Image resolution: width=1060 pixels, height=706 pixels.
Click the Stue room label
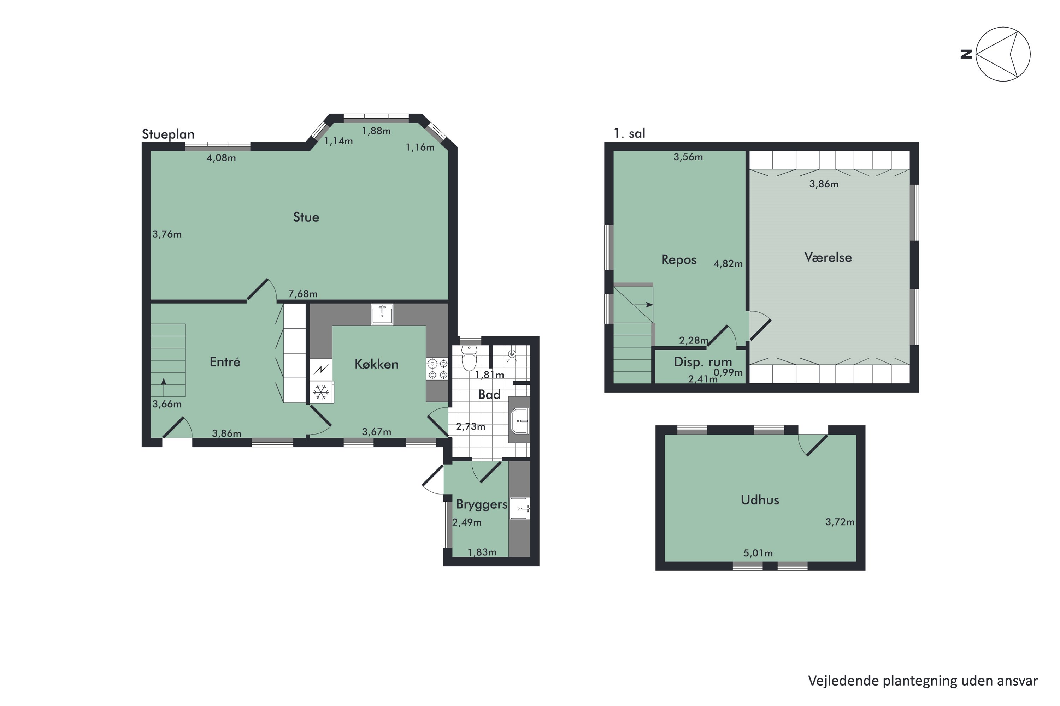[x=306, y=217]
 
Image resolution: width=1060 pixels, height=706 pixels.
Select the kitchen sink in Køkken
[x=382, y=314]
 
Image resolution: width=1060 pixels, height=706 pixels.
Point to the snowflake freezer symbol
[x=321, y=393]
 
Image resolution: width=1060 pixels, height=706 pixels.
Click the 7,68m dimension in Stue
[x=303, y=294]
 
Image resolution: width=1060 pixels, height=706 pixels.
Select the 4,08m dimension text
[x=221, y=158]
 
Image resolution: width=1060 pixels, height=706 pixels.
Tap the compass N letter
[x=966, y=54]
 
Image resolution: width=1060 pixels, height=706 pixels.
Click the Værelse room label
[x=828, y=258]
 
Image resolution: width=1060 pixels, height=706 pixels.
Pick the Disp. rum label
[x=703, y=362]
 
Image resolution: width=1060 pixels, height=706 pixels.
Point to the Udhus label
[x=760, y=500]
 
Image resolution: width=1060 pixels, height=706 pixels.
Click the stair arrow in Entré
[x=164, y=382]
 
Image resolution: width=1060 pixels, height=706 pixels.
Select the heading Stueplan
[x=168, y=134]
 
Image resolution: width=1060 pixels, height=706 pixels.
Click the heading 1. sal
[x=629, y=133]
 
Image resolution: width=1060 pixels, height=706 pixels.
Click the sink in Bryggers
[x=520, y=509]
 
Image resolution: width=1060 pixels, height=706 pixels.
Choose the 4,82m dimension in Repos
[x=728, y=264]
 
